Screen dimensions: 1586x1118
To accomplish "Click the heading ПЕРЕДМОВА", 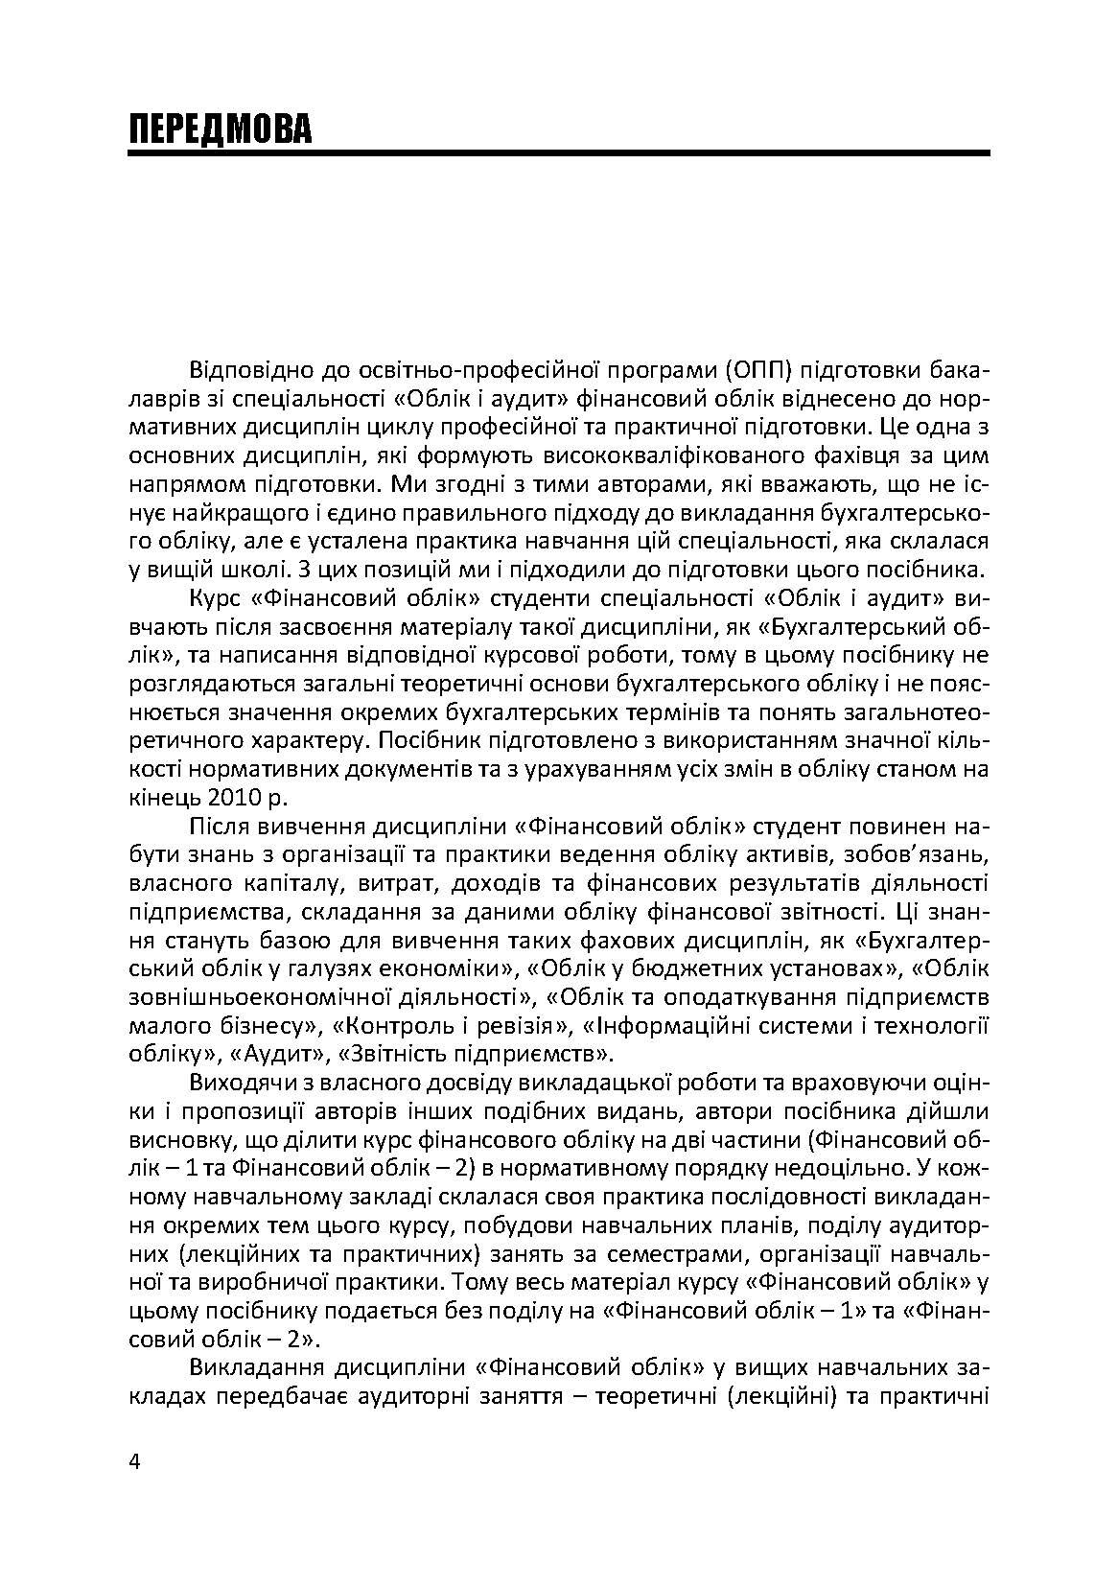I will point(221,129).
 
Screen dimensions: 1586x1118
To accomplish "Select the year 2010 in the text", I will point(221,796).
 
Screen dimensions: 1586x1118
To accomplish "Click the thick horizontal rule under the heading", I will point(558,152).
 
